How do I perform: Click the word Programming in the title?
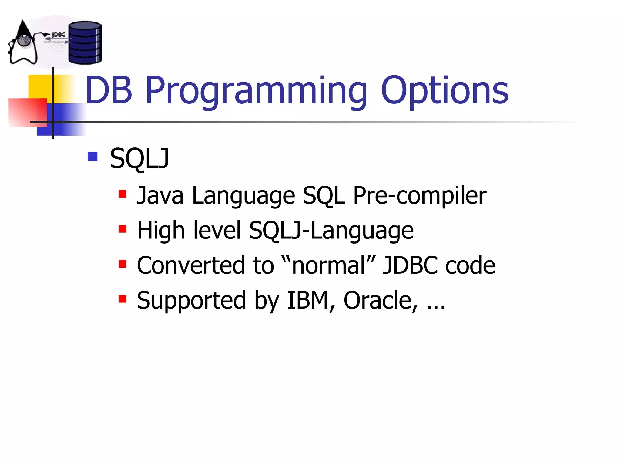pyautogui.click(x=256, y=91)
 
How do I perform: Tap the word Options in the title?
pyautogui.click(x=445, y=91)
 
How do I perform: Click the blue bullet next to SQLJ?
pyautogui.click(x=92, y=157)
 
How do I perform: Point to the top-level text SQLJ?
pyautogui.click(x=139, y=159)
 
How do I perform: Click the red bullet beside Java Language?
pyautogui.click(x=123, y=194)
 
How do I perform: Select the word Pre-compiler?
pyautogui.click(x=420, y=196)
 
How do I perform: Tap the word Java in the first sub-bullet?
pyautogui.click(x=160, y=196)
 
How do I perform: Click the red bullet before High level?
pyautogui.click(x=123, y=228)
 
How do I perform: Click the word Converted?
pyautogui.click(x=190, y=265)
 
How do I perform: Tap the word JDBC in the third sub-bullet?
pyautogui.click(x=410, y=265)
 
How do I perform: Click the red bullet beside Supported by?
pyautogui.click(x=123, y=299)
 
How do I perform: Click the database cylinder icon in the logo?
pyautogui.click(x=85, y=43)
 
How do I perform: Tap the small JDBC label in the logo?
pyautogui.click(x=59, y=35)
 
